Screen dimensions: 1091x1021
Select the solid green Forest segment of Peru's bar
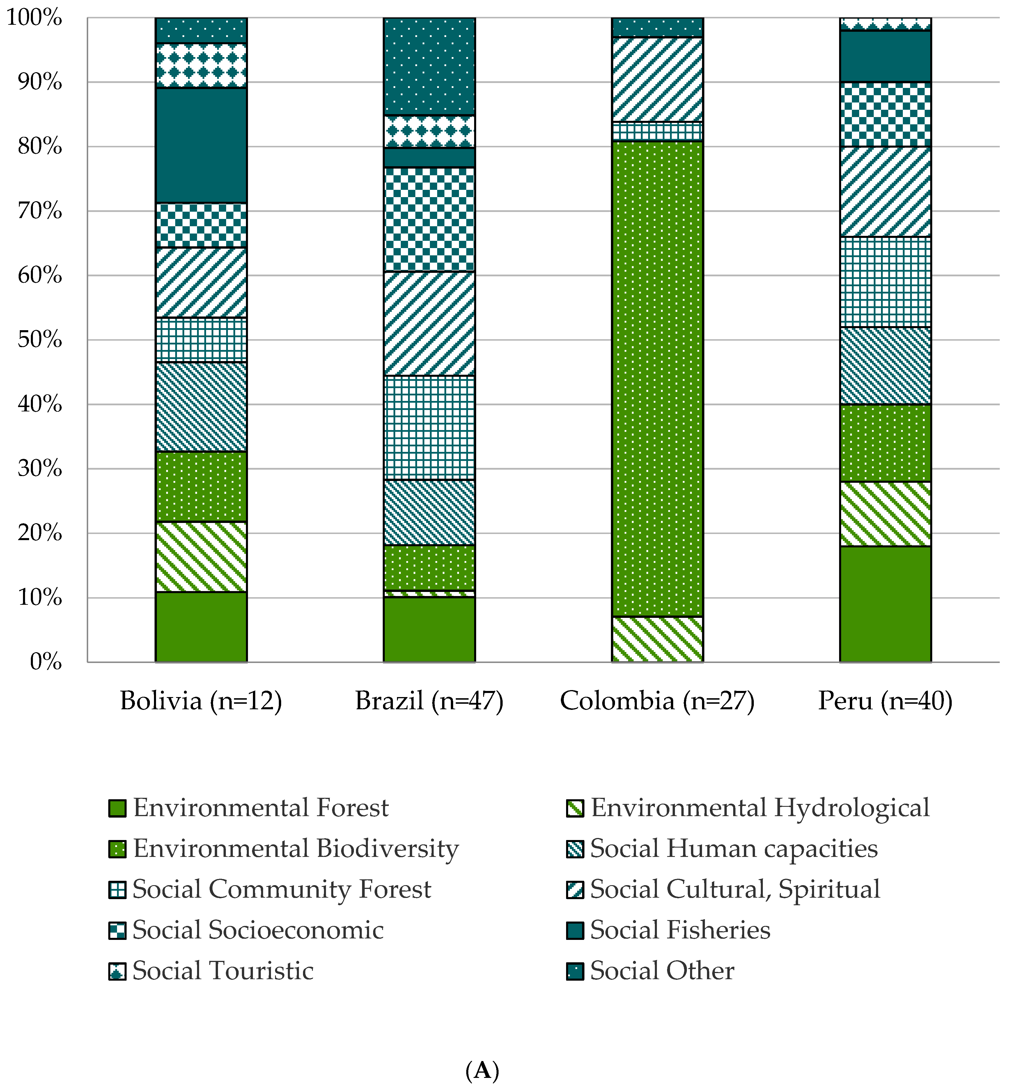(x=885, y=604)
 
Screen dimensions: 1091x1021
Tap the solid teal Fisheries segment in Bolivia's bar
(x=201, y=145)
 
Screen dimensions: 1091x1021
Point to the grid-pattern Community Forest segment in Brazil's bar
(x=429, y=427)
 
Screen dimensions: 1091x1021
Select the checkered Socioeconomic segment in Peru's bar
(x=885, y=114)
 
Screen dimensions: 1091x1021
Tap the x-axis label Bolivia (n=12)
(x=201, y=701)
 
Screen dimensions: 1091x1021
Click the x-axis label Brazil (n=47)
(x=429, y=701)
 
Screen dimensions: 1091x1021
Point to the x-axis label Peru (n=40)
(x=885, y=701)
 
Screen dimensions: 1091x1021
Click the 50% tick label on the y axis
(x=40, y=340)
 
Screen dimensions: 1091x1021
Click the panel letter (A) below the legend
(x=482, y=1070)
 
